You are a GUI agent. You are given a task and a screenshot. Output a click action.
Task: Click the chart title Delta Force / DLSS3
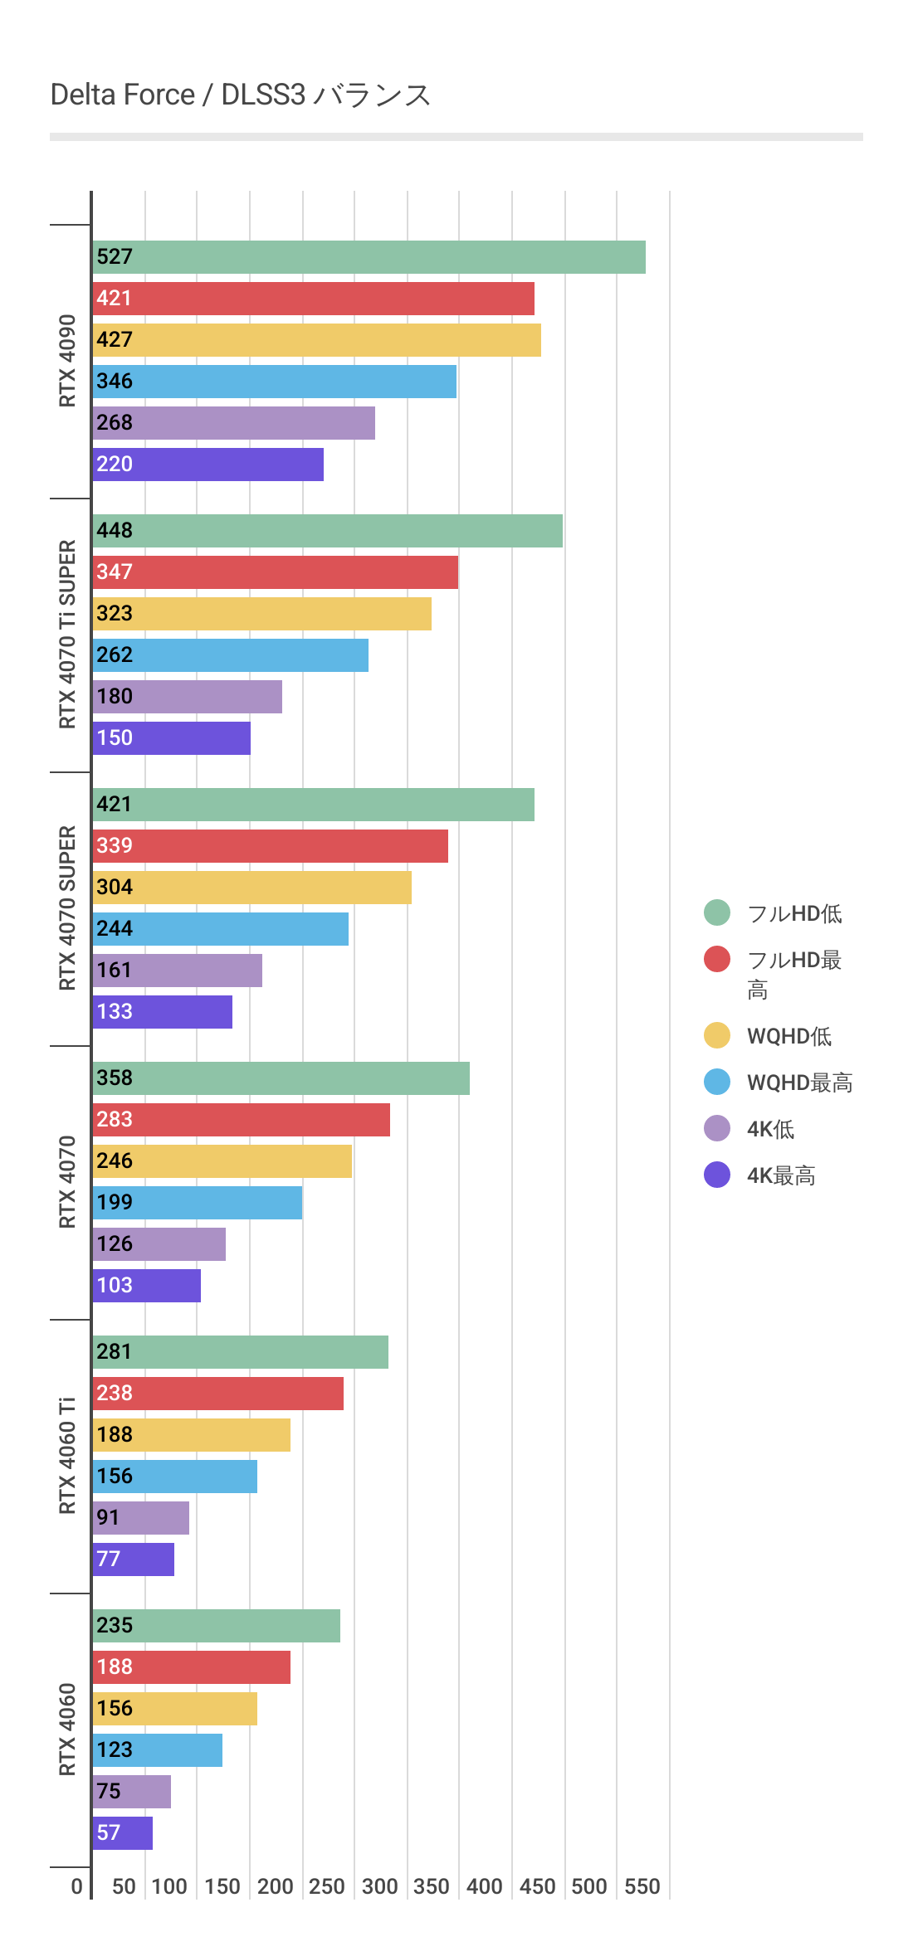click(241, 95)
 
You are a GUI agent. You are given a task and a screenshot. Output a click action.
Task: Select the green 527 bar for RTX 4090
click(369, 257)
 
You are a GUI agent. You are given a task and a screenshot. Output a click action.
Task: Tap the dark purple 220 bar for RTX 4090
click(208, 465)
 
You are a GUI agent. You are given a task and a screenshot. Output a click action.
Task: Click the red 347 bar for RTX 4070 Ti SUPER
click(276, 572)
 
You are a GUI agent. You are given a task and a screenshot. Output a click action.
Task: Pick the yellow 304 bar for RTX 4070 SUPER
click(252, 888)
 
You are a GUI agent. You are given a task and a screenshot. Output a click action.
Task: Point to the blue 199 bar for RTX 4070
click(198, 1203)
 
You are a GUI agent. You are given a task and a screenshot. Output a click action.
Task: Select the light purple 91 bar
click(141, 1518)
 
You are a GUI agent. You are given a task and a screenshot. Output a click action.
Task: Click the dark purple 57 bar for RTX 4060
click(123, 1833)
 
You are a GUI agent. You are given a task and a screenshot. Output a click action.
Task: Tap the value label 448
click(115, 531)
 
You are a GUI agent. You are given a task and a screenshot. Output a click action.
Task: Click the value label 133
click(115, 1012)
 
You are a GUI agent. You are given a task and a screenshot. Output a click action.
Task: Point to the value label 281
click(115, 1352)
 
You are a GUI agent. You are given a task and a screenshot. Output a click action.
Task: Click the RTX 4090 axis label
click(67, 361)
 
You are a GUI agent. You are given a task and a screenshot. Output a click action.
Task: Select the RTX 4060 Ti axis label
click(67, 1456)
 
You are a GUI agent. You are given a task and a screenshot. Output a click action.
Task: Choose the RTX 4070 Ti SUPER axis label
click(67, 635)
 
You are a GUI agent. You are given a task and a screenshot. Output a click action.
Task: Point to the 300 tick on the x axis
click(380, 1886)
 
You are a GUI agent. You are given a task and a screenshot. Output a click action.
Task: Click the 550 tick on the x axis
click(642, 1886)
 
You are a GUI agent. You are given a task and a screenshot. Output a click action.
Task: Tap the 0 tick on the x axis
click(77, 1886)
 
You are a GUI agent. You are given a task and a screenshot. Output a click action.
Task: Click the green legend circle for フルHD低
click(717, 912)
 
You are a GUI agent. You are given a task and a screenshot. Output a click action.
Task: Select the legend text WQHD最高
click(800, 1083)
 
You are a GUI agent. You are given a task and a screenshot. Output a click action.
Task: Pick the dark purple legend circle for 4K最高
click(717, 1175)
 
